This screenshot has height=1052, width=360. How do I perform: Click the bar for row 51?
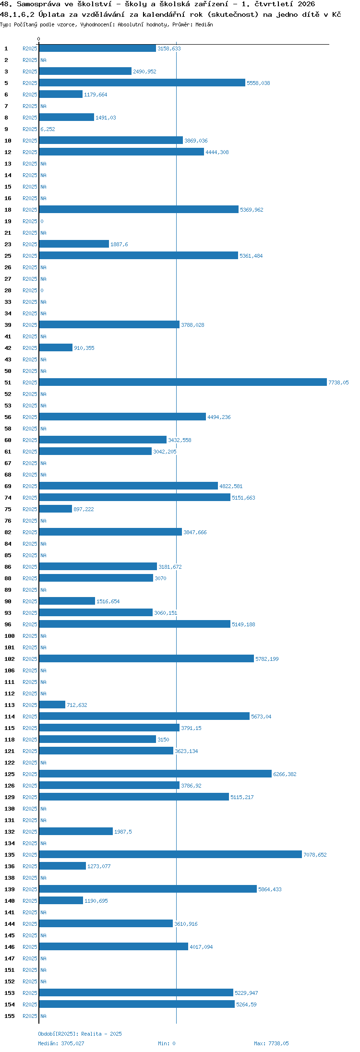183,382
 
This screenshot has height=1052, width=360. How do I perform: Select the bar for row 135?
170,854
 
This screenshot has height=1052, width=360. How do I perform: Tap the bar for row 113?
52,705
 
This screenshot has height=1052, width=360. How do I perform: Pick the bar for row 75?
56,509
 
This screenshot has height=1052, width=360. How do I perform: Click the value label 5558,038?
258,83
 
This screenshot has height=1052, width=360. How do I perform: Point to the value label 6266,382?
285,774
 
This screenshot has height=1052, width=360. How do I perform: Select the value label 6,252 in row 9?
48,129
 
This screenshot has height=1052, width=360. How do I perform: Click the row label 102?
10,659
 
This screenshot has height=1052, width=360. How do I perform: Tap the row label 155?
10,1016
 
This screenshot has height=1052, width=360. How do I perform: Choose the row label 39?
8,325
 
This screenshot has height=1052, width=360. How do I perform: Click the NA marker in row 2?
43,60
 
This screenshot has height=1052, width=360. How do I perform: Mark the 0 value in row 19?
42,221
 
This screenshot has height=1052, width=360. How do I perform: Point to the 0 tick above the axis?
39,39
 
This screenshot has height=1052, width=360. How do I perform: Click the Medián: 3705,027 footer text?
61,1043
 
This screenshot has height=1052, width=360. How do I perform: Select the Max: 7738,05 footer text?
271,1043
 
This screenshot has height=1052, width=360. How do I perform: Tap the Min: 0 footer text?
167,1043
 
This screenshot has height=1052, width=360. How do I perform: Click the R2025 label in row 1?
30,48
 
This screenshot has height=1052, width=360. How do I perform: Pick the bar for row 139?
148,889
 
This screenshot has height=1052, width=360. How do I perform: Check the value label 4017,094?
201,947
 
